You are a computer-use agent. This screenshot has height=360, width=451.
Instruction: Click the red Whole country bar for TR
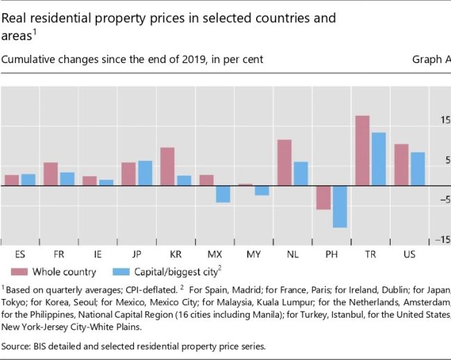[x=362, y=151]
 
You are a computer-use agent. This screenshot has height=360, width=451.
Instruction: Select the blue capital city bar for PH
[x=339, y=207]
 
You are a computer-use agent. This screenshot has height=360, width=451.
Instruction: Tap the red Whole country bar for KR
[x=167, y=166]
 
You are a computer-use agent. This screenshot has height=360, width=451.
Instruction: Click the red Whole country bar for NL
[x=284, y=162]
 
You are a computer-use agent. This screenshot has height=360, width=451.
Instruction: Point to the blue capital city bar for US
[x=417, y=169]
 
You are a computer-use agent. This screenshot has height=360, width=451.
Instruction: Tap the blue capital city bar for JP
[x=145, y=173]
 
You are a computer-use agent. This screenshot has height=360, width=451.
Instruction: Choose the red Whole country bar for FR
[x=51, y=174]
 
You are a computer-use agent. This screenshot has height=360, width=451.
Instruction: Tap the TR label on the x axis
[x=371, y=255]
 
